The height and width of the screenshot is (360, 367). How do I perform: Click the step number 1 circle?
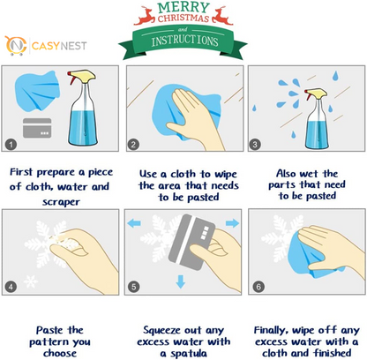coord(11,145)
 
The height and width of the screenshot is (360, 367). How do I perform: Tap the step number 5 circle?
coord(133,287)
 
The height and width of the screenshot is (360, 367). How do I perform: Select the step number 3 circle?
coord(255,145)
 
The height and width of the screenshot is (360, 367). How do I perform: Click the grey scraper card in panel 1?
coord(37,128)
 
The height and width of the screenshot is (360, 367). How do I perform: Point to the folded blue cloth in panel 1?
coord(37,91)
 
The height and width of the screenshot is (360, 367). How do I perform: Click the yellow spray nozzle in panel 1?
coord(81,76)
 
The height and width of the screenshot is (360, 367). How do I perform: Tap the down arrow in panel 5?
coord(181,281)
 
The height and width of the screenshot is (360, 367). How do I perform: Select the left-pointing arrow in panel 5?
coord(134,223)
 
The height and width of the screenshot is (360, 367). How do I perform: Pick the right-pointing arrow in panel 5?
coord(232,223)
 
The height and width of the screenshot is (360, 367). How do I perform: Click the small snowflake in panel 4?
coord(31,281)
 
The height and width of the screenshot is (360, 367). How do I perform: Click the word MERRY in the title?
coord(183,7)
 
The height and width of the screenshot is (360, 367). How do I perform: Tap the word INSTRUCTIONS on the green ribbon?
coord(184,41)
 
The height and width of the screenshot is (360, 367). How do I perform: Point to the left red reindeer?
coord(145,16)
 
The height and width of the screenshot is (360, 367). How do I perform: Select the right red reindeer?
coord(222,16)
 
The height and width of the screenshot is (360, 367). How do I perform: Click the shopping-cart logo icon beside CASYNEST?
coord(15,45)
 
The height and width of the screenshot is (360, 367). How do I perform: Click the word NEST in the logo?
coord(73,46)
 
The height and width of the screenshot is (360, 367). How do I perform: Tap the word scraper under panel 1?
coord(61,202)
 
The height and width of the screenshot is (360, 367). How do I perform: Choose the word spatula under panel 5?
coord(188,353)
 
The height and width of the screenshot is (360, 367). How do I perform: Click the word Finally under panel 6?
coord(271,330)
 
